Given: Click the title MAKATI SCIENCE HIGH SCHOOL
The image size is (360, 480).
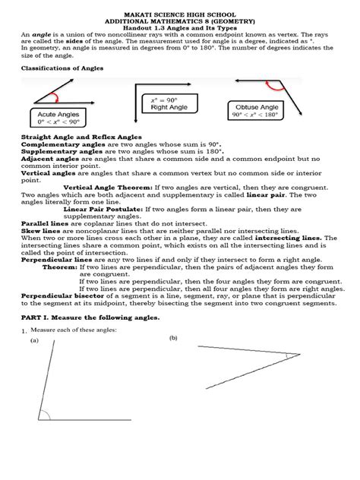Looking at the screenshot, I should click(x=179, y=6).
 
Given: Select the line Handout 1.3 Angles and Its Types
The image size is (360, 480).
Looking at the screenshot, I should click(x=179, y=27).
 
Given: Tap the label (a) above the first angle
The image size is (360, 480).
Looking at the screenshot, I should click(x=34, y=342).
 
